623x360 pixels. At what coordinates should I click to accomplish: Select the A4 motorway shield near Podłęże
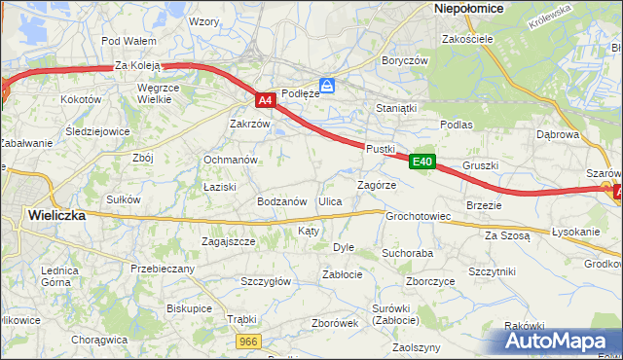click(x=266, y=100)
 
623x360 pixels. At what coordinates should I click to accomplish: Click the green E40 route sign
click(x=421, y=162)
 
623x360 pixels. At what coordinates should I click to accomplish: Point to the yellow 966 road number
click(x=249, y=341)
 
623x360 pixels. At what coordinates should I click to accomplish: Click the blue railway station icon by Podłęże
click(x=328, y=87)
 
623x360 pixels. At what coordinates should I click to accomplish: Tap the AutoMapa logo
click(x=556, y=341)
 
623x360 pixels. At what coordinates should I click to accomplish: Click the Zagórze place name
click(x=377, y=184)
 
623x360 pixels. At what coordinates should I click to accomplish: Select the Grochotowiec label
click(x=418, y=216)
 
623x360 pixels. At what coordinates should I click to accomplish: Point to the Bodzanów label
click(x=281, y=201)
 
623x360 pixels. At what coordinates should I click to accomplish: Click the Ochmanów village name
click(x=230, y=160)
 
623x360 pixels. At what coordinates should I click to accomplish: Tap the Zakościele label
click(x=468, y=39)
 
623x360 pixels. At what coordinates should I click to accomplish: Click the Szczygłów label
click(x=266, y=281)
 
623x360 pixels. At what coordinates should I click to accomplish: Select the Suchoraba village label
click(x=407, y=253)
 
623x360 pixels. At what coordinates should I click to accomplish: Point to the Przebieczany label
click(x=163, y=269)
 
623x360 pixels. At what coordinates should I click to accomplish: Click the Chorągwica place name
click(x=100, y=340)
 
